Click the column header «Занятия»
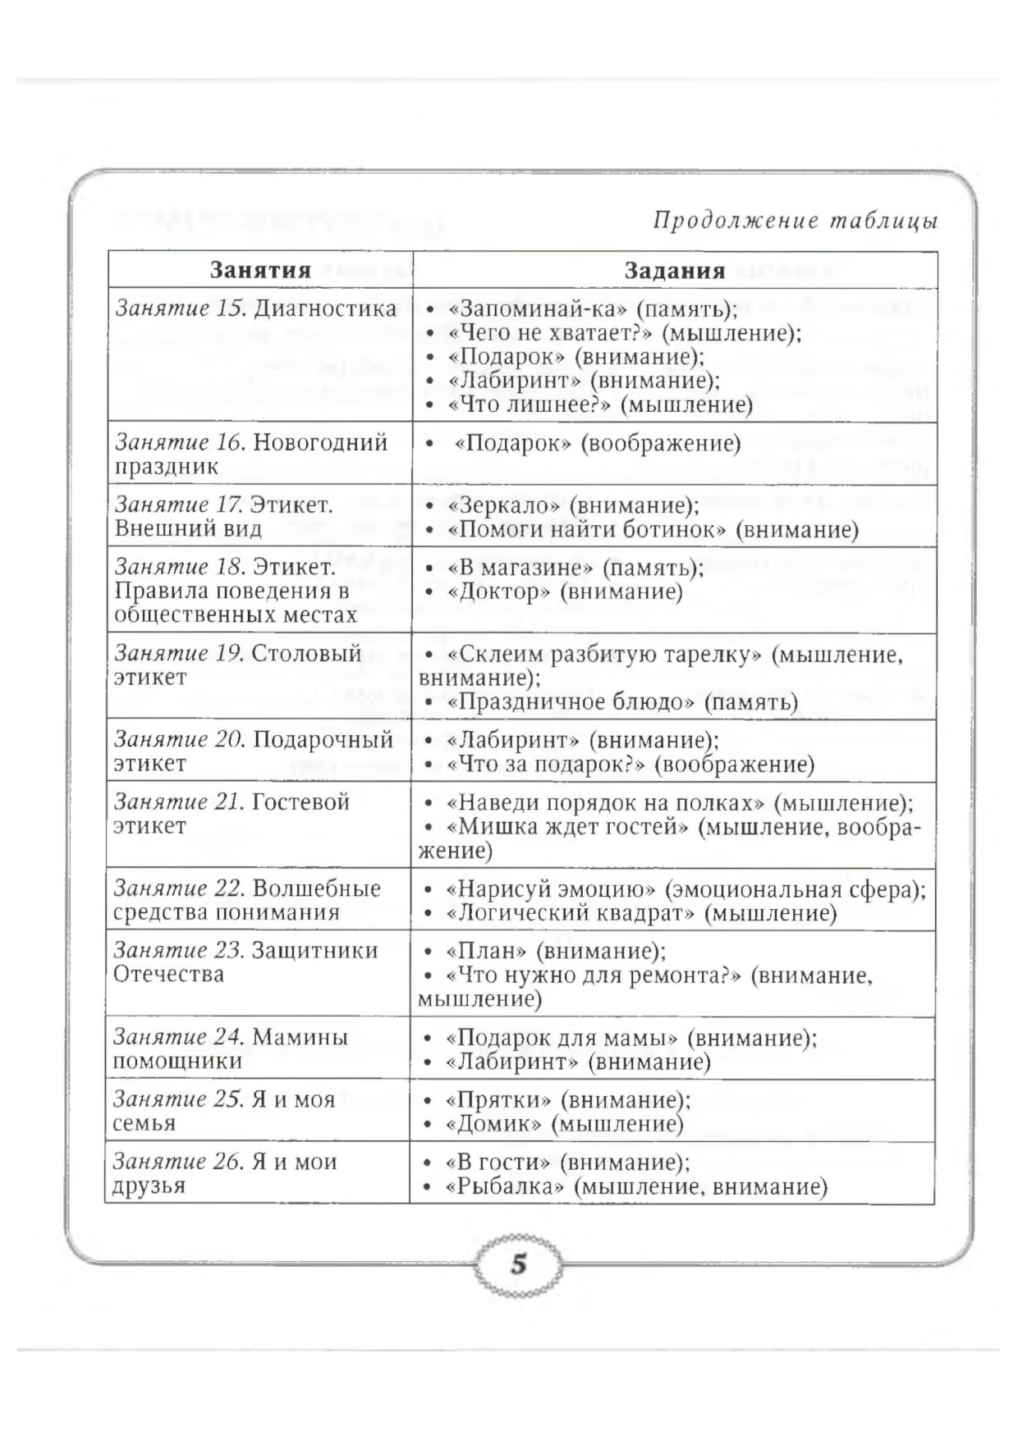(260, 271)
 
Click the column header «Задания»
(674, 271)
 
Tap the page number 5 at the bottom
(518, 1264)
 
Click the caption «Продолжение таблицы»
(795, 222)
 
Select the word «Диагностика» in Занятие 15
(324, 309)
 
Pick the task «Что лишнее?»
(530, 405)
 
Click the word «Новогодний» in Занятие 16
(320, 443)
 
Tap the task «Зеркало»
(504, 505)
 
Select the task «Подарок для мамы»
(562, 1038)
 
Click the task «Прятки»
(498, 1099)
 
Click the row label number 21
(227, 802)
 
